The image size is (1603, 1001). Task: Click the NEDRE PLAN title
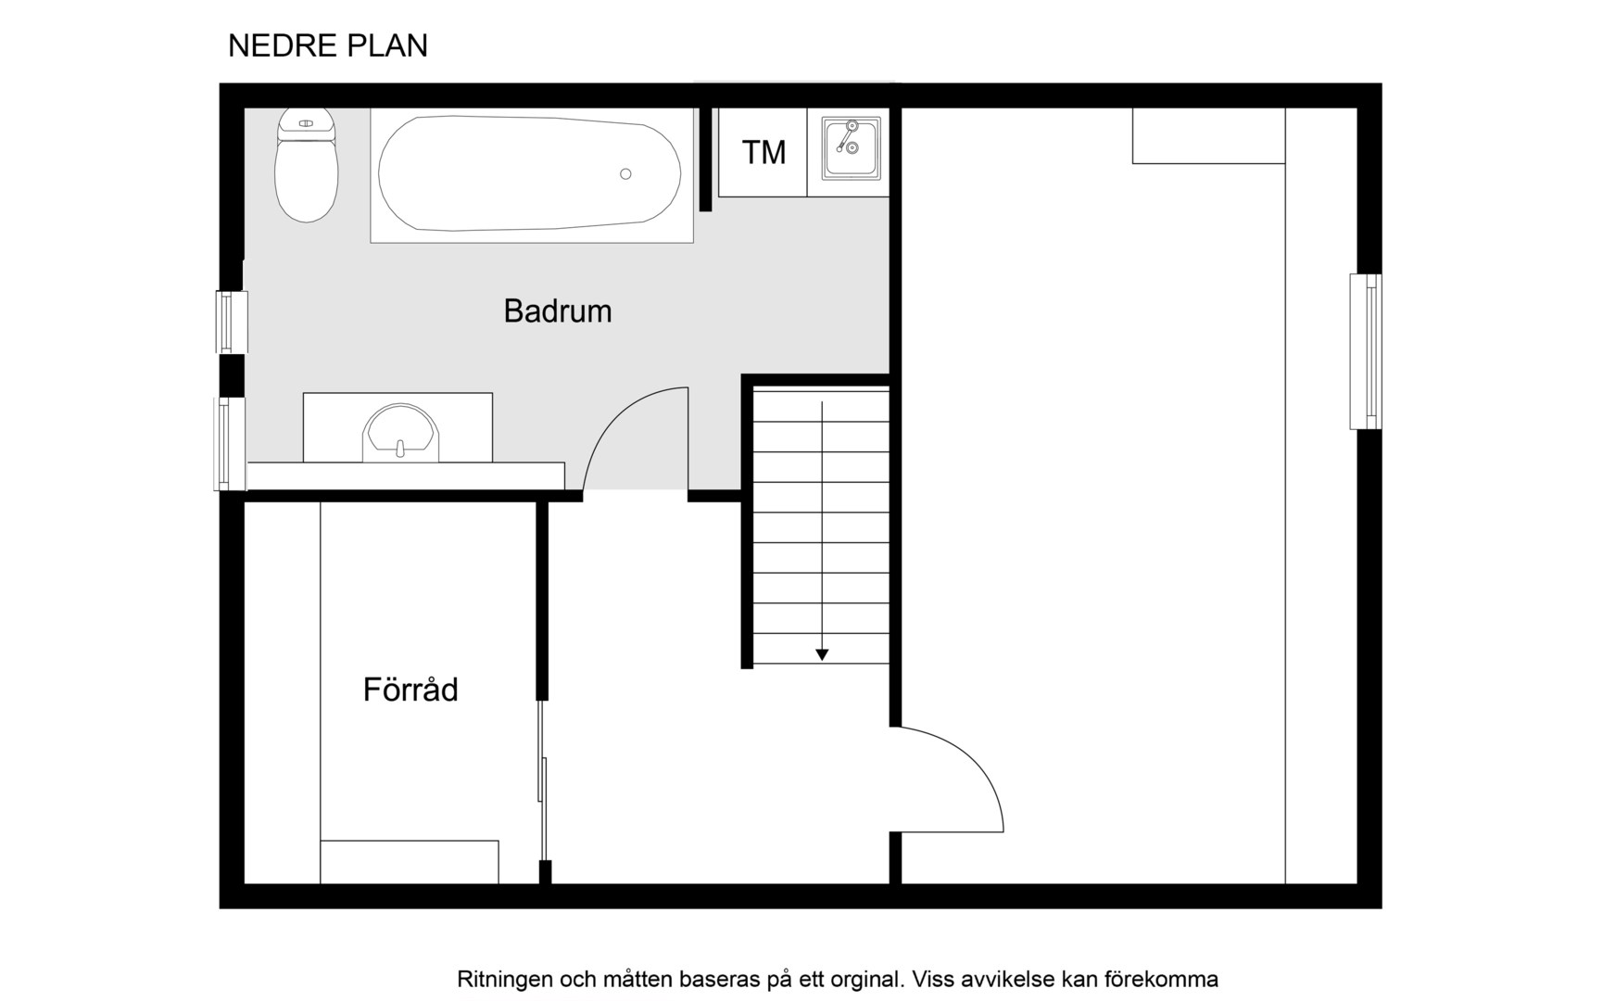tap(328, 45)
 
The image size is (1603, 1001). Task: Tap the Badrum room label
tap(558, 311)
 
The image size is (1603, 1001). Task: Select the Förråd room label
tap(410, 689)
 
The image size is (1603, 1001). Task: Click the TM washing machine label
tap(764, 152)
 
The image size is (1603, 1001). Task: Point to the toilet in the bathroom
tap(307, 165)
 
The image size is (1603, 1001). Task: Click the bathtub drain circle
tap(625, 174)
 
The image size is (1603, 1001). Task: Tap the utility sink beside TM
tap(851, 148)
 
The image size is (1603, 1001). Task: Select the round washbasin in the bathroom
tap(400, 433)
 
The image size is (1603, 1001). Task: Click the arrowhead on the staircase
tap(822, 654)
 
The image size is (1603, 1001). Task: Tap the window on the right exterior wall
tap(1366, 351)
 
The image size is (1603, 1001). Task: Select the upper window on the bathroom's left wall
tap(232, 323)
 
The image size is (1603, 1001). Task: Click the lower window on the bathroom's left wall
tap(231, 444)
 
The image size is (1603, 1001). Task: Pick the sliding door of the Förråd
tap(542, 780)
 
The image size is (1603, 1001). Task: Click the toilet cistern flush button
tap(306, 123)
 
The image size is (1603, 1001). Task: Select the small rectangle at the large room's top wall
tap(1208, 136)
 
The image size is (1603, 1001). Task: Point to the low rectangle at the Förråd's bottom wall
tap(410, 862)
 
